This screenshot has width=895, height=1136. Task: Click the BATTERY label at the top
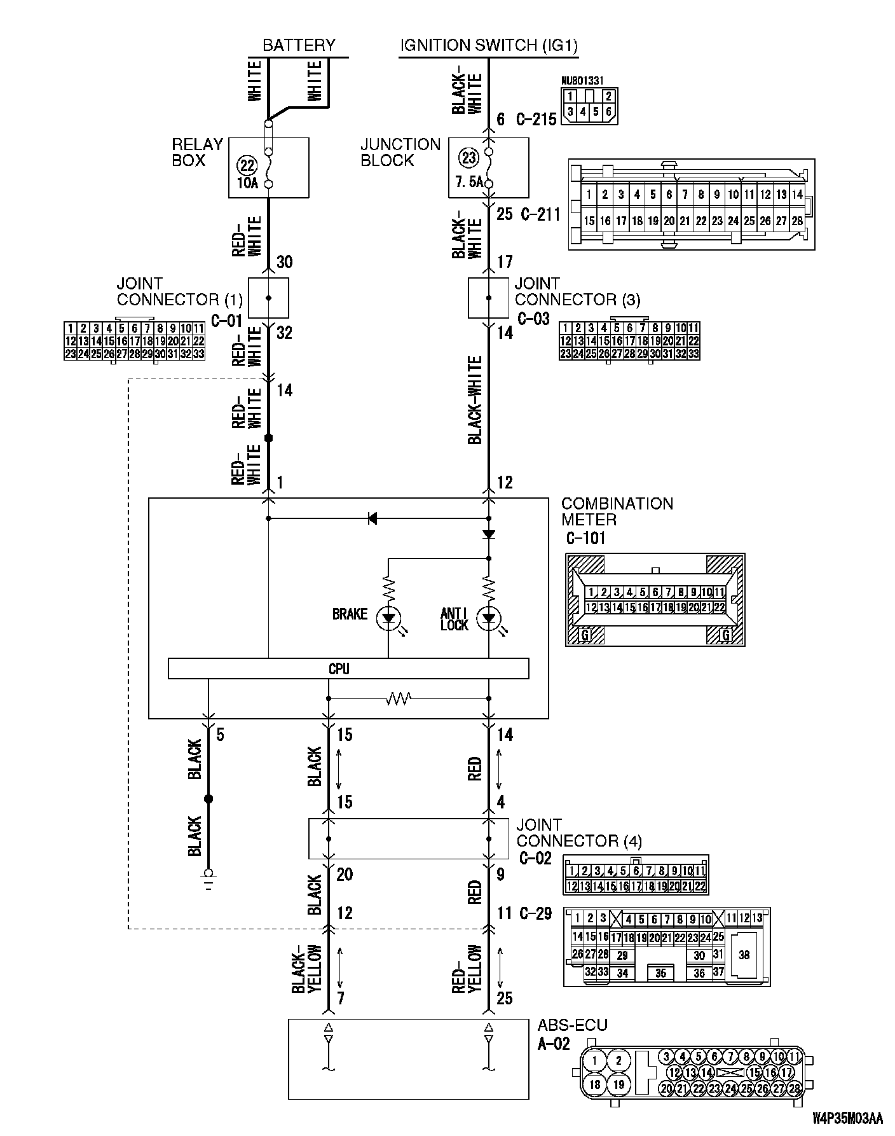tap(298, 45)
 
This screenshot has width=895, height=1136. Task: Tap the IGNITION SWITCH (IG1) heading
tap(489, 45)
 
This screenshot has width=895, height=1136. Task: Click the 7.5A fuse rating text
tap(468, 183)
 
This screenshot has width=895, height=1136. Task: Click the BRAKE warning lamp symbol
tap(388, 618)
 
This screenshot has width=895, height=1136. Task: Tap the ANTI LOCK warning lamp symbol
tap(489, 618)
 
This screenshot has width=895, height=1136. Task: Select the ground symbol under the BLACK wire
tap(208, 876)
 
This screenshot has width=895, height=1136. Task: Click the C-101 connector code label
tap(585, 538)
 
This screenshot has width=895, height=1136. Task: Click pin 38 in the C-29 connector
tap(744, 954)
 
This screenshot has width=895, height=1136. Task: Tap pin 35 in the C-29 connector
tap(660, 973)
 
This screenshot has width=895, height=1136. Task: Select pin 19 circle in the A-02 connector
tap(618, 1084)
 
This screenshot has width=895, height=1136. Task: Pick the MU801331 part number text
tap(583, 81)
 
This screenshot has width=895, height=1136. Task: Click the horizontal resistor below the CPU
tap(399, 699)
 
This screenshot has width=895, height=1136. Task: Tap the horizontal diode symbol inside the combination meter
tap(372, 518)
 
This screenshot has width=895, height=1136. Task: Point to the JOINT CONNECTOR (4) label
tap(578, 833)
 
